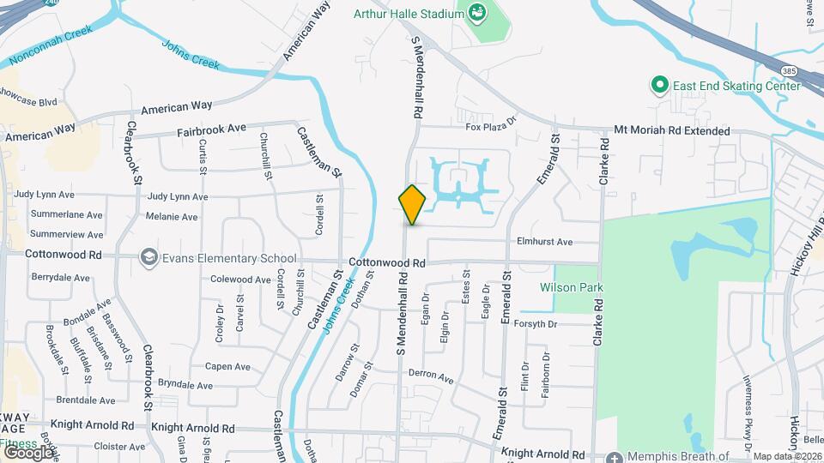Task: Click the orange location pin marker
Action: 412,204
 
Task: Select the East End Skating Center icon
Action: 659,85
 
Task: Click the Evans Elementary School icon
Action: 149,258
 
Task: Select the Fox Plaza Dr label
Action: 491,125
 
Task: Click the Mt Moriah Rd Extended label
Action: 672,131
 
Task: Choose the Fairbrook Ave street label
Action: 211,133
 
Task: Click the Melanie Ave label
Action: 172,217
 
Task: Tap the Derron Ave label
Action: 431,376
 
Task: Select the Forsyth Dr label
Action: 536,324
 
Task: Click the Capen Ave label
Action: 227,366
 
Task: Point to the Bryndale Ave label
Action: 185,386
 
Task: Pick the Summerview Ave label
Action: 66,233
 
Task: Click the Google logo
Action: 27,452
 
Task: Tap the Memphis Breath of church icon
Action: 615,457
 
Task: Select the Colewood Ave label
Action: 240,279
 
